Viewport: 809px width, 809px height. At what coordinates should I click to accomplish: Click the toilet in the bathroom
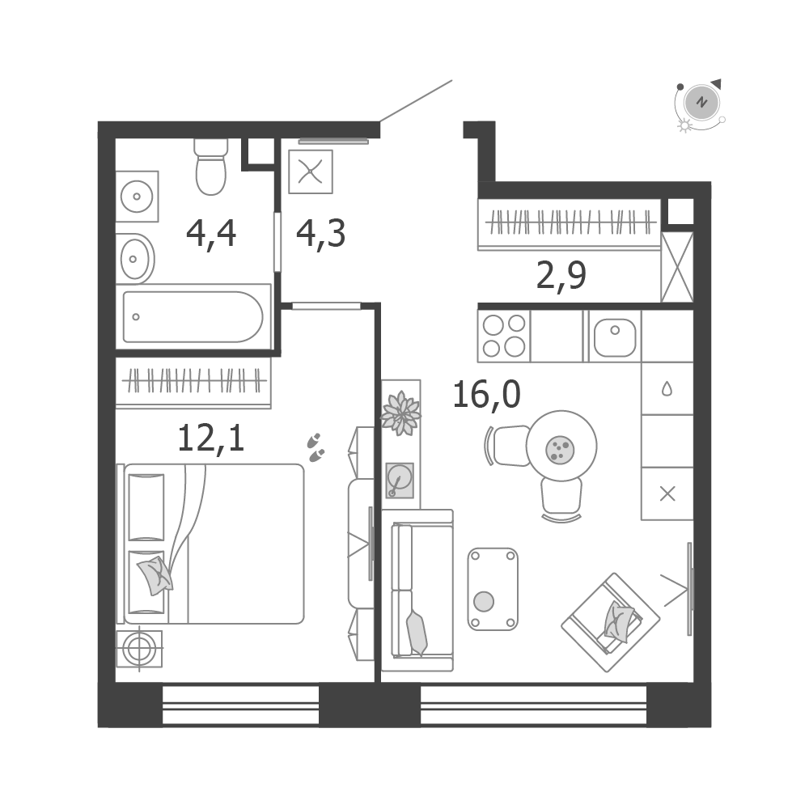click(211, 166)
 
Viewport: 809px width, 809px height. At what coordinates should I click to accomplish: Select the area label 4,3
click(320, 234)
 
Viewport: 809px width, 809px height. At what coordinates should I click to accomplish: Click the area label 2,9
click(561, 276)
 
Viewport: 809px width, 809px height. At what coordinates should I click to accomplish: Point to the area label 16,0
click(486, 395)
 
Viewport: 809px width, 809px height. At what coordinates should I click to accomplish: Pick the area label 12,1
click(210, 438)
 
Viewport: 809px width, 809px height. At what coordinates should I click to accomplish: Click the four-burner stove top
click(504, 336)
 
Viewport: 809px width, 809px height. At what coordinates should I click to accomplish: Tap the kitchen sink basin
click(615, 337)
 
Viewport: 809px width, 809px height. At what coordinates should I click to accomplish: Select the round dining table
click(561, 446)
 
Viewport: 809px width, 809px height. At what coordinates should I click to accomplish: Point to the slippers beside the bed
click(316, 447)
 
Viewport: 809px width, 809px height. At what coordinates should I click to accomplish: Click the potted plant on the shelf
click(400, 413)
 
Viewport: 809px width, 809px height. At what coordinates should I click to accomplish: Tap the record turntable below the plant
click(400, 481)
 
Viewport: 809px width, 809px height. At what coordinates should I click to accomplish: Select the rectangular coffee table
click(493, 589)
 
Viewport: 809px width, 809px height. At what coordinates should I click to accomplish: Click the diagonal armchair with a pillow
click(610, 622)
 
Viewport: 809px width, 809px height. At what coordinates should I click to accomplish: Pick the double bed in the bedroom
click(211, 544)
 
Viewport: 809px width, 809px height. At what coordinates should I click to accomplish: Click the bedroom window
click(240, 705)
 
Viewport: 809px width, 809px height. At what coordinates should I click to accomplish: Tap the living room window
click(533, 705)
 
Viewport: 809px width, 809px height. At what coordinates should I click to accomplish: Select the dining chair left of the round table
click(508, 446)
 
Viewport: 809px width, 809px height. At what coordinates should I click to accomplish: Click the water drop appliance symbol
click(667, 388)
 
